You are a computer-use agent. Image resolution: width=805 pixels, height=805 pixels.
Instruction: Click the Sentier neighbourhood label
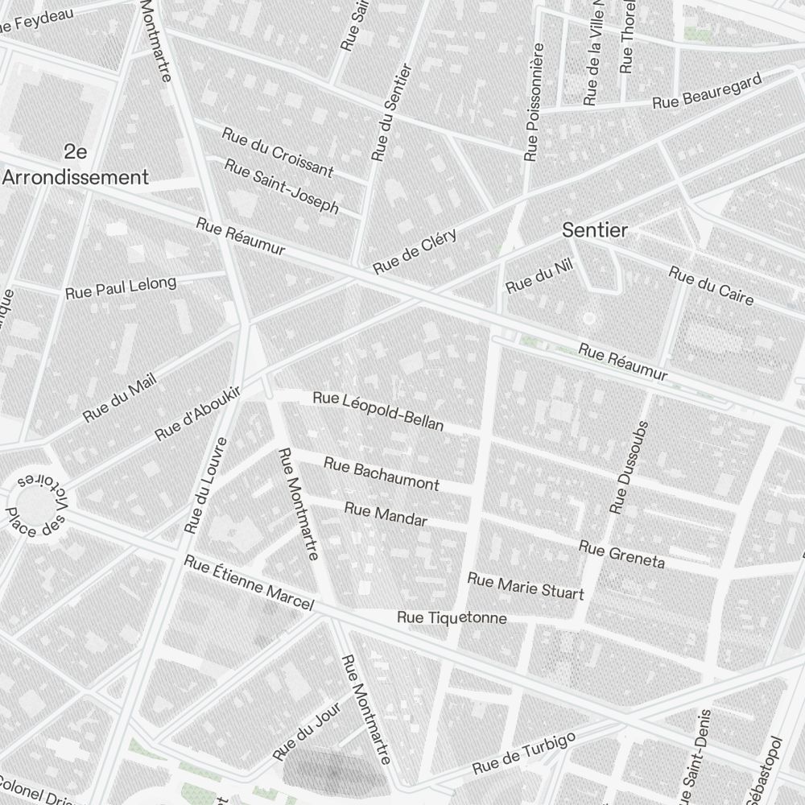click(x=594, y=230)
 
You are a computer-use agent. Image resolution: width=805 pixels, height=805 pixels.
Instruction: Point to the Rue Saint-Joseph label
click(x=282, y=186)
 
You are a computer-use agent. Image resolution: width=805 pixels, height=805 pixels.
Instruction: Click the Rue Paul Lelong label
click(x=120, y=287)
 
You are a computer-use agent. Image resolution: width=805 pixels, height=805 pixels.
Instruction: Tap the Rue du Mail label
click(x=119, y=398)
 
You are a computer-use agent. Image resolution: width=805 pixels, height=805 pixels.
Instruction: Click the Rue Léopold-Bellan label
click(x=378, y=411)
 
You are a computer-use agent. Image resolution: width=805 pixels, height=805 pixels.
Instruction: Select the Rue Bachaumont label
click(x=382, y=473)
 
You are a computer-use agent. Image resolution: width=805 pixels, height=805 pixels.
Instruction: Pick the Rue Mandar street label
click(x=385, y=514)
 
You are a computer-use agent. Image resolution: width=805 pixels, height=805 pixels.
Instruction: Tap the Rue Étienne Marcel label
click(x=248, y=583)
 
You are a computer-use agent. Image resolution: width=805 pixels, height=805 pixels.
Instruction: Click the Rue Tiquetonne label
click(x=452, y=618)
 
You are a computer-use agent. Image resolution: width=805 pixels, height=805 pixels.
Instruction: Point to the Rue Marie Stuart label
click(x=525, y=587)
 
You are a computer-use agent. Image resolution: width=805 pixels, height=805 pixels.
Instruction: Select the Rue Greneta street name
click(x=621, y=554)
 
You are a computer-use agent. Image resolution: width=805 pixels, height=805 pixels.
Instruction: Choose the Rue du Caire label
click(x=711, y=286)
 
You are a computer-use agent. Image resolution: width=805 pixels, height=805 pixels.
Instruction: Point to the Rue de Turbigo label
click(x=523, y=753)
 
